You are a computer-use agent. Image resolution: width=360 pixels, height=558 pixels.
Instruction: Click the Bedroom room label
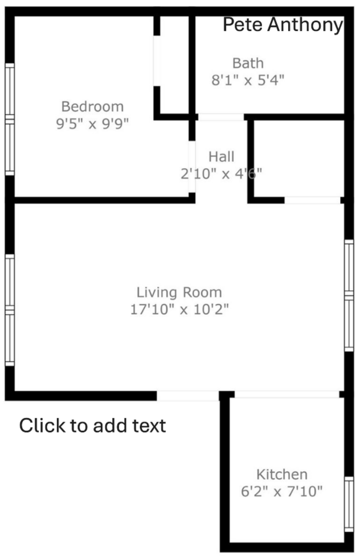click(92, 107)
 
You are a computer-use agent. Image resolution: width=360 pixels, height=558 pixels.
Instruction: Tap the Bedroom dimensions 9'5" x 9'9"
click(92, 123)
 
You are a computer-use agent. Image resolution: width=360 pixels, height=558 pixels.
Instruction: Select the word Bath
click(248, 63)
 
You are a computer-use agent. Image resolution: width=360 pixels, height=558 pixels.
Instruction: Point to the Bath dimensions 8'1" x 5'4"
click(248, 80)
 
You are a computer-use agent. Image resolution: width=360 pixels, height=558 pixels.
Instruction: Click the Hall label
click(221, 157)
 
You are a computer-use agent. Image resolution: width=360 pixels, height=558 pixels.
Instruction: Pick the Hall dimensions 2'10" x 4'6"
click(221, 174)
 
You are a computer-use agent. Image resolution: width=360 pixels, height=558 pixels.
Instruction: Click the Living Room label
click(179, 292)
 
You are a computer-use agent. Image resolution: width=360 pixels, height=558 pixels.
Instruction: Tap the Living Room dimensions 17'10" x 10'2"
click(179, 309)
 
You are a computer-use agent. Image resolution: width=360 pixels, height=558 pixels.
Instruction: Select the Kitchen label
click(282, 474)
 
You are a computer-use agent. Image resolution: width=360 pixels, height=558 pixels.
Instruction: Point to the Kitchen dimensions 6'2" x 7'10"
click(282, 492)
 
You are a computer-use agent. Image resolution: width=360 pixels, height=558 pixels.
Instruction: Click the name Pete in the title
click(244, 25)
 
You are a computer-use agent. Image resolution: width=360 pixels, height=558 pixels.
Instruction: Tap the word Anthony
click(305, 25)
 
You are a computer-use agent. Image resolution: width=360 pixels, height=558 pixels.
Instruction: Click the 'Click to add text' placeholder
click(92, 425)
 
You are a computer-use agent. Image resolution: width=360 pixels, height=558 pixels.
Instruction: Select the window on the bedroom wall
click(10, 119)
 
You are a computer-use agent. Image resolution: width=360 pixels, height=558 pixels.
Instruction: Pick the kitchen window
click(349, 504)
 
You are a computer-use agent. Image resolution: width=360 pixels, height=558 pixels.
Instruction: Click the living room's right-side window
click(349, 295)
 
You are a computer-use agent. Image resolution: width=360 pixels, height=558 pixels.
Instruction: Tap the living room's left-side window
click(10, 310)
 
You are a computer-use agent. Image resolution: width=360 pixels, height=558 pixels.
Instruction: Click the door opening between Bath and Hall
click(221, 117)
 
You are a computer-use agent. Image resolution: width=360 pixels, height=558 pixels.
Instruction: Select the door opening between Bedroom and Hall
click(191, 167)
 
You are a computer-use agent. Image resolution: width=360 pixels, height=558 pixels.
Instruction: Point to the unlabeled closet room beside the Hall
click(299, 158)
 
